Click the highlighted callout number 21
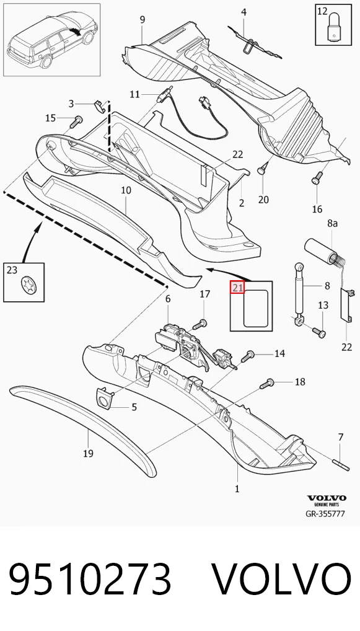coord(237,288)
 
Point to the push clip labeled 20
coord(262,170)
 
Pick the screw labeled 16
coord(317,177)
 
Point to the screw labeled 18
coord(266,384)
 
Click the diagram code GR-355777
coord(325,513)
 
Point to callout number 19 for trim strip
coord(88,454)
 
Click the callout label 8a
coord(332,223)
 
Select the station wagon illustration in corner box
coord(52,40)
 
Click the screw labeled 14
coord(248,356)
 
